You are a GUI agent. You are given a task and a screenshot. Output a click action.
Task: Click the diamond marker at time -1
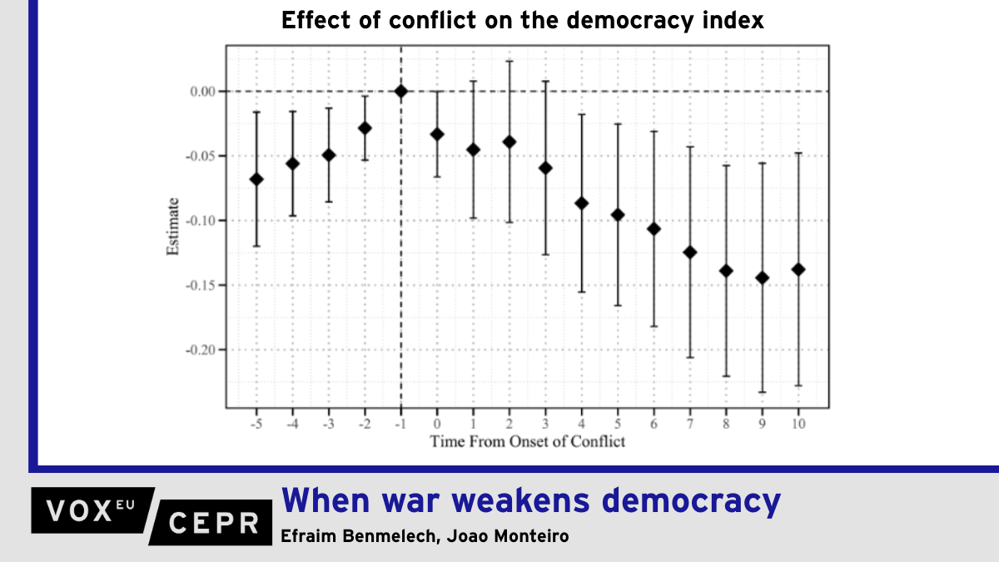click(x=401, y=92)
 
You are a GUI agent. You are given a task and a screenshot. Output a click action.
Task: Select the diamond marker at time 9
click(x=762, y=278)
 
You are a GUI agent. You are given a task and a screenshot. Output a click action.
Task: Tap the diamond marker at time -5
click(x=256, y=179)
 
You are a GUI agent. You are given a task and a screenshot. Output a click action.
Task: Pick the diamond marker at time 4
click(x=581, y=203)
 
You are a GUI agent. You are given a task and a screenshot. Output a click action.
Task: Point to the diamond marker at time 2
click(x=509, y=142)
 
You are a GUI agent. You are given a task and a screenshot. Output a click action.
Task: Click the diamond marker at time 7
click(x=689, y=252)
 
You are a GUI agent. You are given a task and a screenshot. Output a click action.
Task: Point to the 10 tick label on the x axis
click(x=798, y=422)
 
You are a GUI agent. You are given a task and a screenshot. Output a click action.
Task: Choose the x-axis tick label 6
click(x=654, y=422)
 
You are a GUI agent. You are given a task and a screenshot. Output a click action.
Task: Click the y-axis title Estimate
click(x=173, y=226)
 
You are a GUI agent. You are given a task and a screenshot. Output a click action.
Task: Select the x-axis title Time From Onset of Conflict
click(x=527, y=441)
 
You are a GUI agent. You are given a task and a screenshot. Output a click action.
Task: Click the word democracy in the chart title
click(x=641, y=21)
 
